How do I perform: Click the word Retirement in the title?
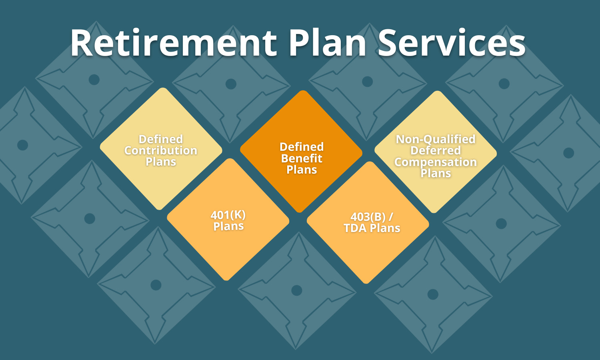coord(174,42)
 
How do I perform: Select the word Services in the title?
coord(452,42)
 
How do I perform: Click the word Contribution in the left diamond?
coord(161,150)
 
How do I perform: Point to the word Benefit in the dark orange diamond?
coord(302,158)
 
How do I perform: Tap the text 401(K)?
coord(228,215)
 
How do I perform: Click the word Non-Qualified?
coord(436,139)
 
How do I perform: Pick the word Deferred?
coord(436,150)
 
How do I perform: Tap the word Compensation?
coord(436,162)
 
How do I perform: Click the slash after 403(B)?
coord(391,217)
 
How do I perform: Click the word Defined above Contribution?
coord(161,139)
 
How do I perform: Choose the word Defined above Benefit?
coord(302,147)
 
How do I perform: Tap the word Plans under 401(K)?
coord(228,226)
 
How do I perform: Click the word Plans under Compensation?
coord(436,173)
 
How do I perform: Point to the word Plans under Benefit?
coord(302,170)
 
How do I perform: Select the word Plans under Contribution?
coord(161,162)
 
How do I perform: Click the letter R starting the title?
coord(82,42)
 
